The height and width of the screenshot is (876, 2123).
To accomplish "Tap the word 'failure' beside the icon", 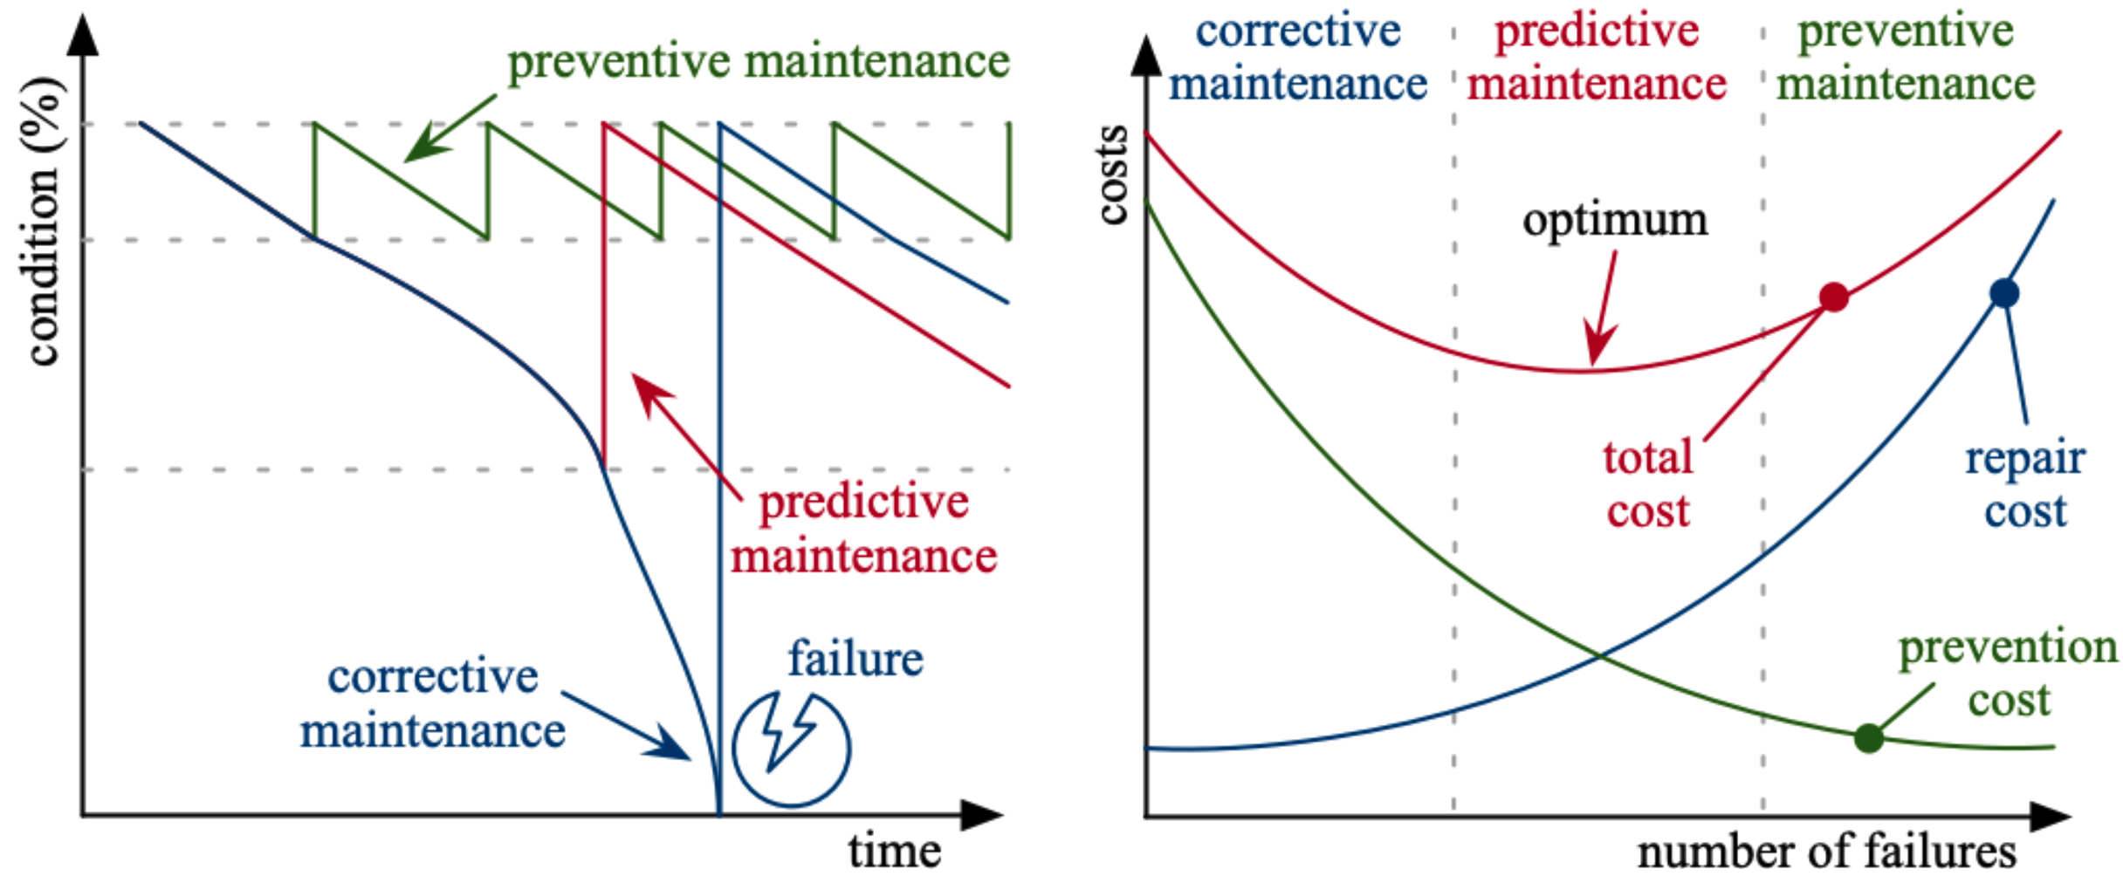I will point(855,660).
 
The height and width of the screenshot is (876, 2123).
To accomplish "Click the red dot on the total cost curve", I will point(1833,298).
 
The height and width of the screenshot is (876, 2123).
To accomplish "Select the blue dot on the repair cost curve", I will point(2003,293).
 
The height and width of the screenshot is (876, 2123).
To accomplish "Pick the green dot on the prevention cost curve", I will point(1868,738).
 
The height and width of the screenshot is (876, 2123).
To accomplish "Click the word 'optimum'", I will point(1615,220).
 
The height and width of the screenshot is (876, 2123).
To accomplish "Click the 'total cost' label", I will point(1648,484).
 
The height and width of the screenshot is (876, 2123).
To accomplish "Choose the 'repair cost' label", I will point(2025,484).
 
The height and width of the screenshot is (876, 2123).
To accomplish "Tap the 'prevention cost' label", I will point(2008,674).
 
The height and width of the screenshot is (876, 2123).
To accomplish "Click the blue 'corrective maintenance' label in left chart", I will point(433,703).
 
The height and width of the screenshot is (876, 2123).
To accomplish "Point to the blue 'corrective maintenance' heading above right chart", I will point(1298,58).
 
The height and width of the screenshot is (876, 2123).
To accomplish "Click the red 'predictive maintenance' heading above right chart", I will point(1597,58).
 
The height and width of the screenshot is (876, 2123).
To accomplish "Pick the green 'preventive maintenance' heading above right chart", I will point(1906,58).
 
